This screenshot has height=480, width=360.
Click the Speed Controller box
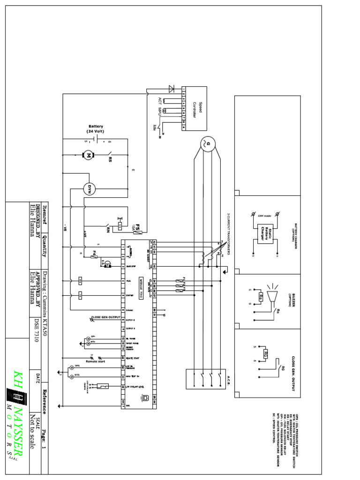coord(194,108)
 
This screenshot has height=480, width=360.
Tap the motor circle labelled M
coord(87,154)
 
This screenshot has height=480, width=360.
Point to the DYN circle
coord(89,188)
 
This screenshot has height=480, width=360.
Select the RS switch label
coord(110,159)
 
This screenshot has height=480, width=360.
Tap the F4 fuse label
coord(95,253)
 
